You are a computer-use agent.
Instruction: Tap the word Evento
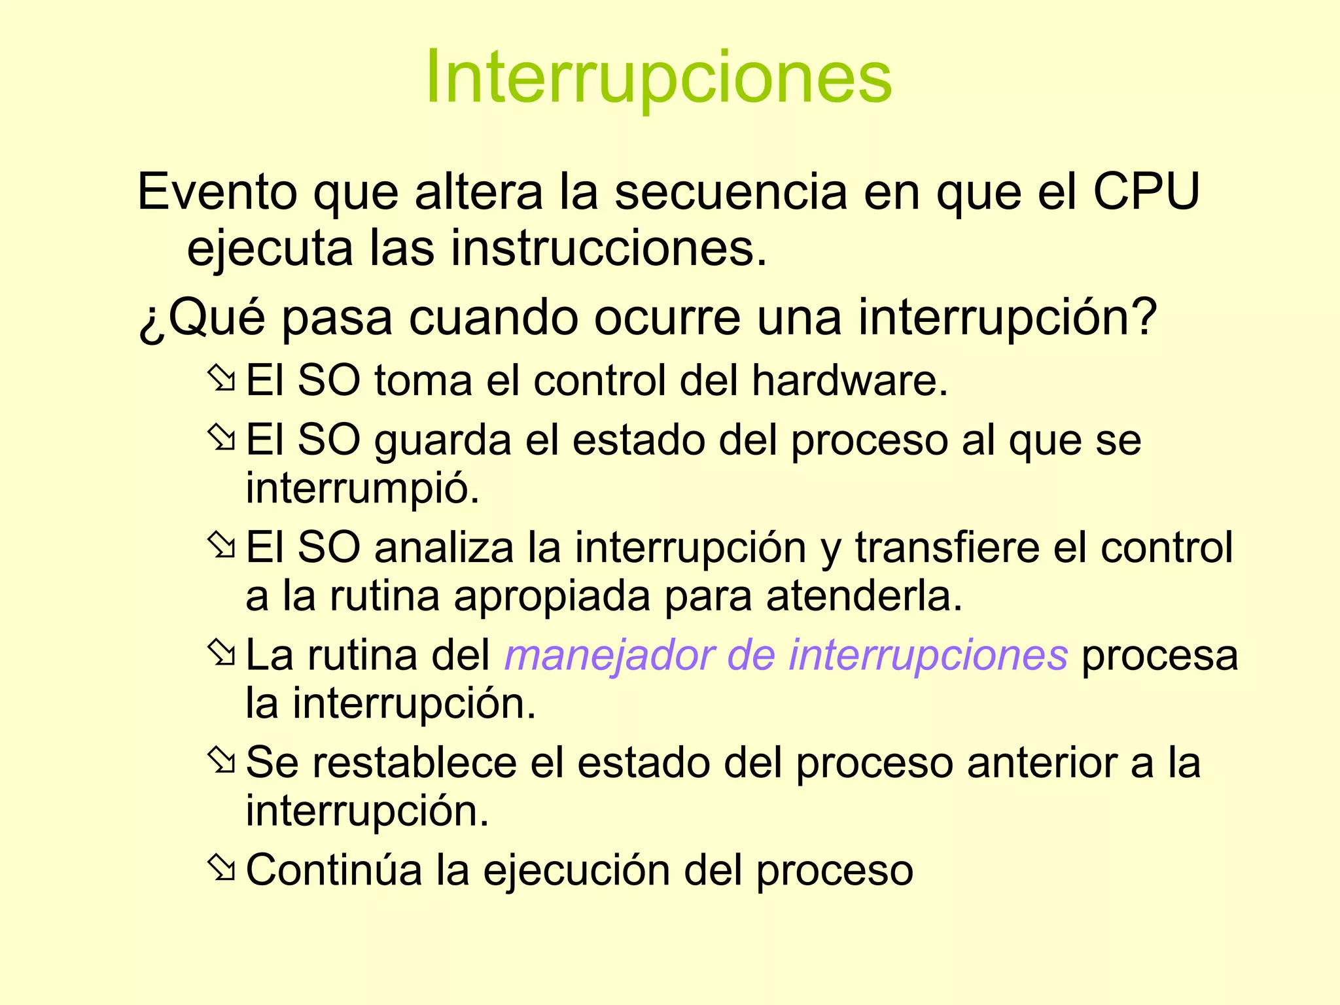(x=217, y=192)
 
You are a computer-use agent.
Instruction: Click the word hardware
(x=849, y=380)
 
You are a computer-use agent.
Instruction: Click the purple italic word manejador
(x=608, y=655)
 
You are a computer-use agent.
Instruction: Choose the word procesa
(x=1159, y=655)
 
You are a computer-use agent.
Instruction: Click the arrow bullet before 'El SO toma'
(x=221, y=379)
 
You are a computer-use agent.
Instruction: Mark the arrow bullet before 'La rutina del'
(x=221, y=654)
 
